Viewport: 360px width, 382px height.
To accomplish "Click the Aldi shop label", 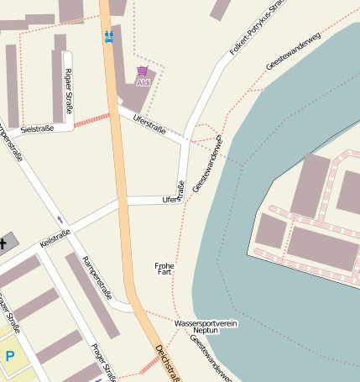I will (143, 83).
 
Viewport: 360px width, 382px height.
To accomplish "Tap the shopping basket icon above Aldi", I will (142, 72).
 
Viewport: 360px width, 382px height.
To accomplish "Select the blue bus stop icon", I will (108, 36).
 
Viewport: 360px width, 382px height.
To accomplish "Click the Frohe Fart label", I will (164, 269).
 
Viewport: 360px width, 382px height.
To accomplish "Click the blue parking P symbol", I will (10, 356).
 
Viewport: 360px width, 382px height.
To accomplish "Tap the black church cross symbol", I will (3, 244).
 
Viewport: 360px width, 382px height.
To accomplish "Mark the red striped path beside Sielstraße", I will (91, 120).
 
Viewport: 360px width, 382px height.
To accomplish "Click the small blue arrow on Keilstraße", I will (60, 219).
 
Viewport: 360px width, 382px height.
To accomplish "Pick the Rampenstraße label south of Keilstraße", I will (96, 278).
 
